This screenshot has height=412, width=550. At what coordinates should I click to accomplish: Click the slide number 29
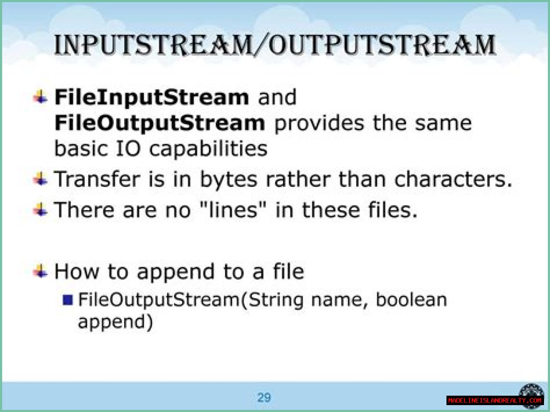tap(264, 397)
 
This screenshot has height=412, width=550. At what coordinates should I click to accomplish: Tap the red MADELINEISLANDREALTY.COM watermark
tap(495, 400)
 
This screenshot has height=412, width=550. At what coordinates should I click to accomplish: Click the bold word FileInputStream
tap(152, 98)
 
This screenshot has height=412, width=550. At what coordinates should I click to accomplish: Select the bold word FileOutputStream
tap(159, 123)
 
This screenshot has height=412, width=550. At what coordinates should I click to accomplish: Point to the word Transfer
tap(97, 179)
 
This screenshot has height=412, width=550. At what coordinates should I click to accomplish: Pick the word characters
tap(453, 179)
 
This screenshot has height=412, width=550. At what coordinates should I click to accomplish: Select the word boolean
tap(412, 299)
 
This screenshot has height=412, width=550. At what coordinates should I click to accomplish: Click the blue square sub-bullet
tap(67, 300)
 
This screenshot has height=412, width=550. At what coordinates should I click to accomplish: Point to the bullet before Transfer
tap(40, 179)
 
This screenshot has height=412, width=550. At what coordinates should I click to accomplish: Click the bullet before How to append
tap(40, 271)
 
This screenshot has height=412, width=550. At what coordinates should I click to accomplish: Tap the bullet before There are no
tap(40, 209)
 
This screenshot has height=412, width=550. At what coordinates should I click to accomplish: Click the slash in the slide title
tap(260, 45)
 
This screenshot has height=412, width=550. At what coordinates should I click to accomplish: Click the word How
tap(76, 271)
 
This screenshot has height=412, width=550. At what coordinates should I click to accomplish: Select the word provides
tap(319, 124)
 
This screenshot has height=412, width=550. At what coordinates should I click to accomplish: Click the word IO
tap(128, 149)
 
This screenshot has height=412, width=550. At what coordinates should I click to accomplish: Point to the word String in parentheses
tap(275, 300)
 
